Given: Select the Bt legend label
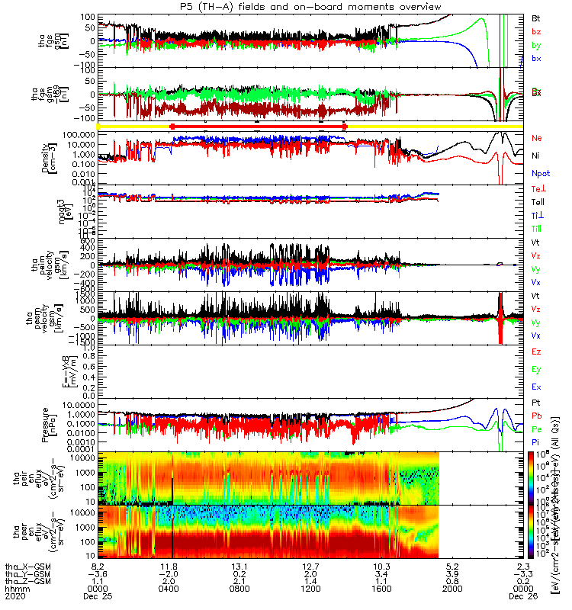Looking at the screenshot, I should tap(536, 18).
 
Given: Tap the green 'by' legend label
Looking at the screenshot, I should tap(536, 46).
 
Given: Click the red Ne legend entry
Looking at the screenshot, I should tap(537, 138).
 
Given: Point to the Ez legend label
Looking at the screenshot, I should tap(536, 352).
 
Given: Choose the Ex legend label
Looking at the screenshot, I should tap(536, 387).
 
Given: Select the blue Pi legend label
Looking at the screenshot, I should tap(536, 441).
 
